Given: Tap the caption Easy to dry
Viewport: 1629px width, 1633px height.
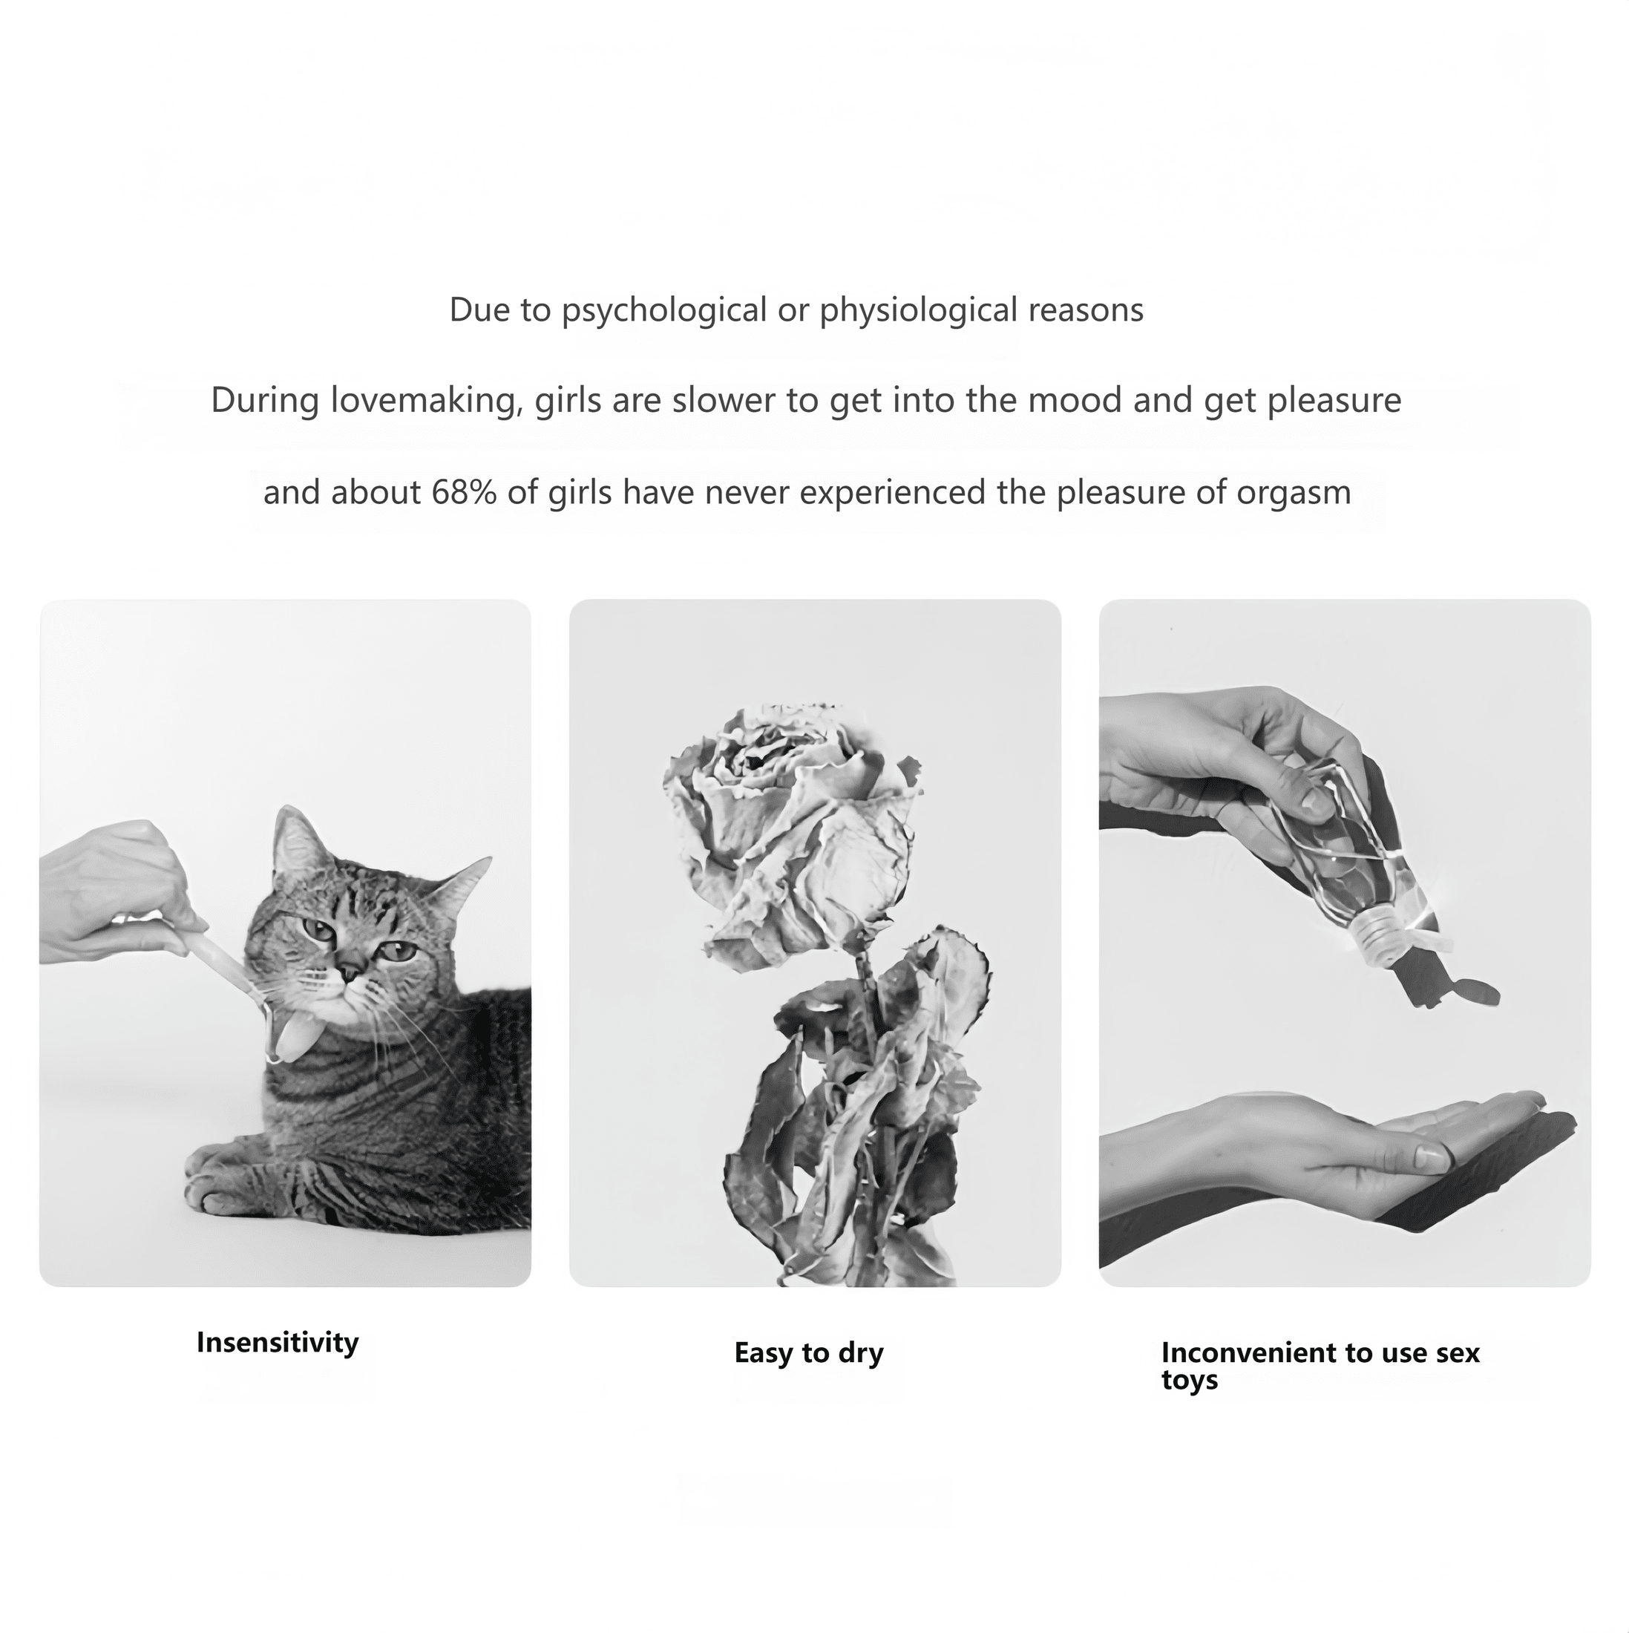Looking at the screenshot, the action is point(809,1353).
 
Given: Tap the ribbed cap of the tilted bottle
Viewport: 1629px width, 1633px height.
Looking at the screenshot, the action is point(1383,933).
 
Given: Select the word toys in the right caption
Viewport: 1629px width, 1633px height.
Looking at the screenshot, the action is point(1190,1381).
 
